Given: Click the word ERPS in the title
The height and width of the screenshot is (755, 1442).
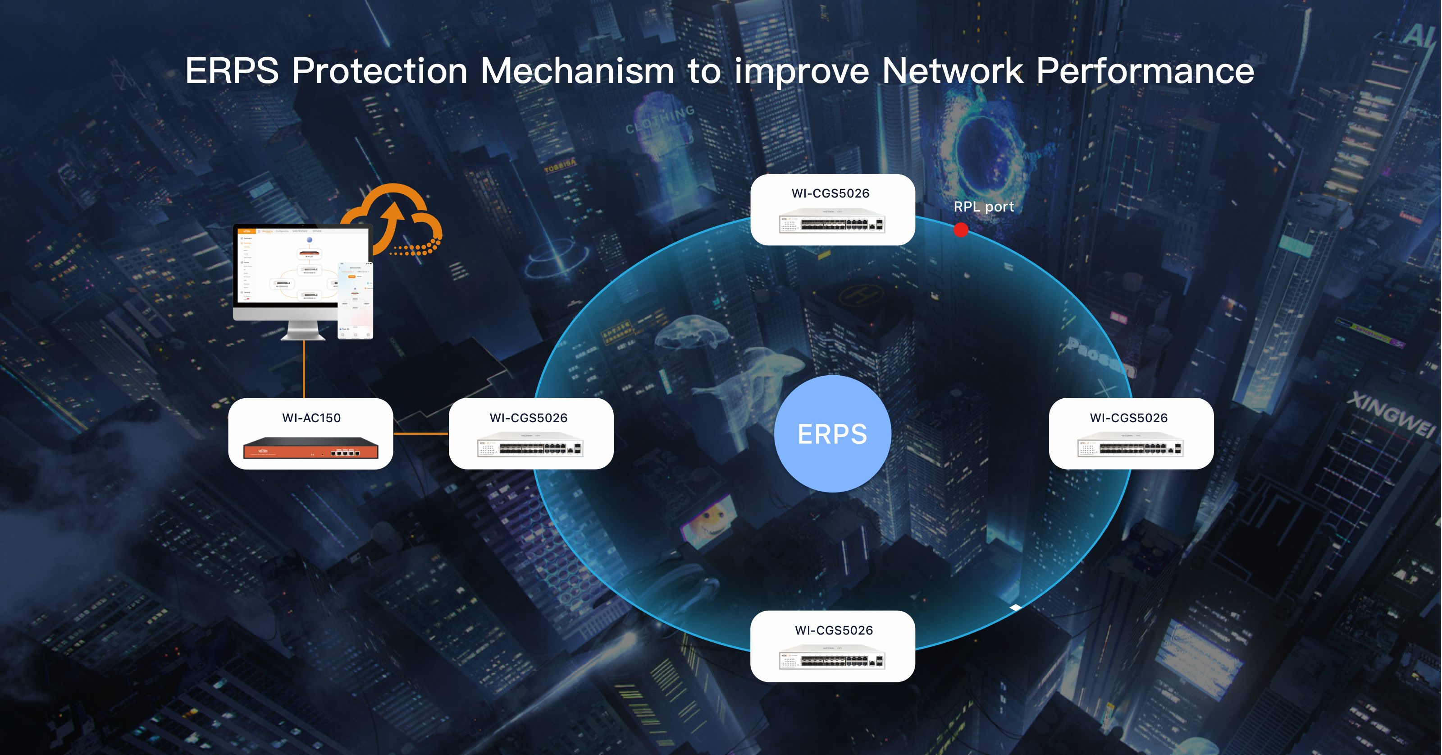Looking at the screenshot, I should [x=232, y=72].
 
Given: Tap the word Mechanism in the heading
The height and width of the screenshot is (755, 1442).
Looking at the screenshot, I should [x=577, y=72].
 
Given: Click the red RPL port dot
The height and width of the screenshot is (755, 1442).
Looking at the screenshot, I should [x=961, y=230].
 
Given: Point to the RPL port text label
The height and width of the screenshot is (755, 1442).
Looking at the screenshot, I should [x=984, y=207].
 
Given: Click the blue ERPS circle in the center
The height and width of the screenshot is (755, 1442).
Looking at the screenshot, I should [x=832, y=434].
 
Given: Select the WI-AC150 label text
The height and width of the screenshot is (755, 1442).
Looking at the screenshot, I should [x=311, y=418].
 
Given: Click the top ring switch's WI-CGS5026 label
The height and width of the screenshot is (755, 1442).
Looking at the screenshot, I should [x=830, y=193].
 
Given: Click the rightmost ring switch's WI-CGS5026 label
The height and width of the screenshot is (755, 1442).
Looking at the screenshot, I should [x=1128, y=418].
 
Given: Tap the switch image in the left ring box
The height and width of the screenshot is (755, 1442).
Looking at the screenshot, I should [x=529, y=447].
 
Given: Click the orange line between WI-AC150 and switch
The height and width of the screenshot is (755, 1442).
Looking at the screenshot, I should [x=420, y=433].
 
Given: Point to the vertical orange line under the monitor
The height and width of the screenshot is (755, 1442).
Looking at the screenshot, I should [x=304, y=370].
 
